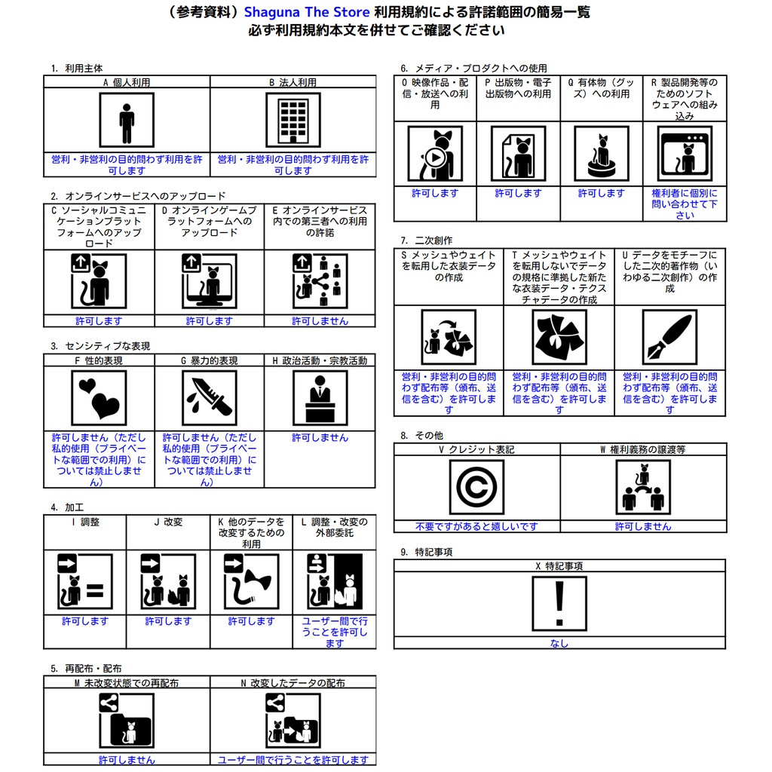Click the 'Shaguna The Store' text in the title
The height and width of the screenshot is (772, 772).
tap(307, 13)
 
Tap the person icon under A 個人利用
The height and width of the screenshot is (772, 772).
tap(127, 120)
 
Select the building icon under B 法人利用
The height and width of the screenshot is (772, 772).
tap(293, 120)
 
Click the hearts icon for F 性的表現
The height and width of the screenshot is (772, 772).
tap(99, 398)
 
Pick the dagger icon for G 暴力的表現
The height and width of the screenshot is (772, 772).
tap(209, 398)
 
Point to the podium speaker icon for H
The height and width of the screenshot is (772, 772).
tap(320, 398)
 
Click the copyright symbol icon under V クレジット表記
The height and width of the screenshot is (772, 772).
tap(476, 488)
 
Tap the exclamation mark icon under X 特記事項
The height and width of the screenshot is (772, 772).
tap(559, 604)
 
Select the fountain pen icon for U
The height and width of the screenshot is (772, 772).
tap(669, 337)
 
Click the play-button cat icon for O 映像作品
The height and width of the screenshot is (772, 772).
tap(435, 154)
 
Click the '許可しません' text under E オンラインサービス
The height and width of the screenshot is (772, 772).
tap(320, 321)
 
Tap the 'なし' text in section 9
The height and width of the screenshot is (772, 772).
tap(559, 643)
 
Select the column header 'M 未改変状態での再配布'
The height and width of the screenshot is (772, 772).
tap(127, 683)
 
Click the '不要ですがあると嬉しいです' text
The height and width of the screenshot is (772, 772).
tap(476, 526)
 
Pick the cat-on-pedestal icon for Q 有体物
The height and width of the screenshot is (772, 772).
tap(601, 154)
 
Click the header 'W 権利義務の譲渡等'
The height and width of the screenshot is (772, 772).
tap(642, 449)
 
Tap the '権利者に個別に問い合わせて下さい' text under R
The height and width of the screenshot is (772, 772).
tap(685, 204)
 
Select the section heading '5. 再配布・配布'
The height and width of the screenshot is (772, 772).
tap(86, 669)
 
